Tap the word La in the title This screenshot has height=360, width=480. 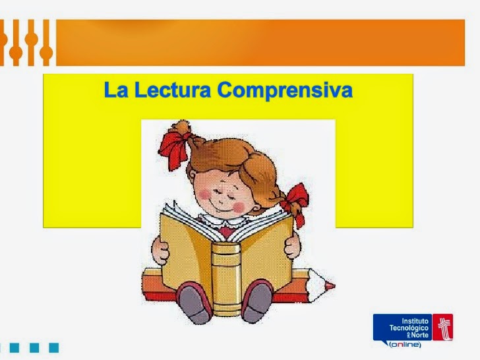[x=116, y=90]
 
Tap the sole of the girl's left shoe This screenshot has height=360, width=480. [x=195, y=302]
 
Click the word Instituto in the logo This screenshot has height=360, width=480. [x=415, y=321]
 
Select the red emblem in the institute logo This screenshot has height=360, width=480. [x=442, y=327]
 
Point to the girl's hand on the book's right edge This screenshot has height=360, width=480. [x=292, y=245]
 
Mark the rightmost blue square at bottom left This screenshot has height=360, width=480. [x=54, y=347]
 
